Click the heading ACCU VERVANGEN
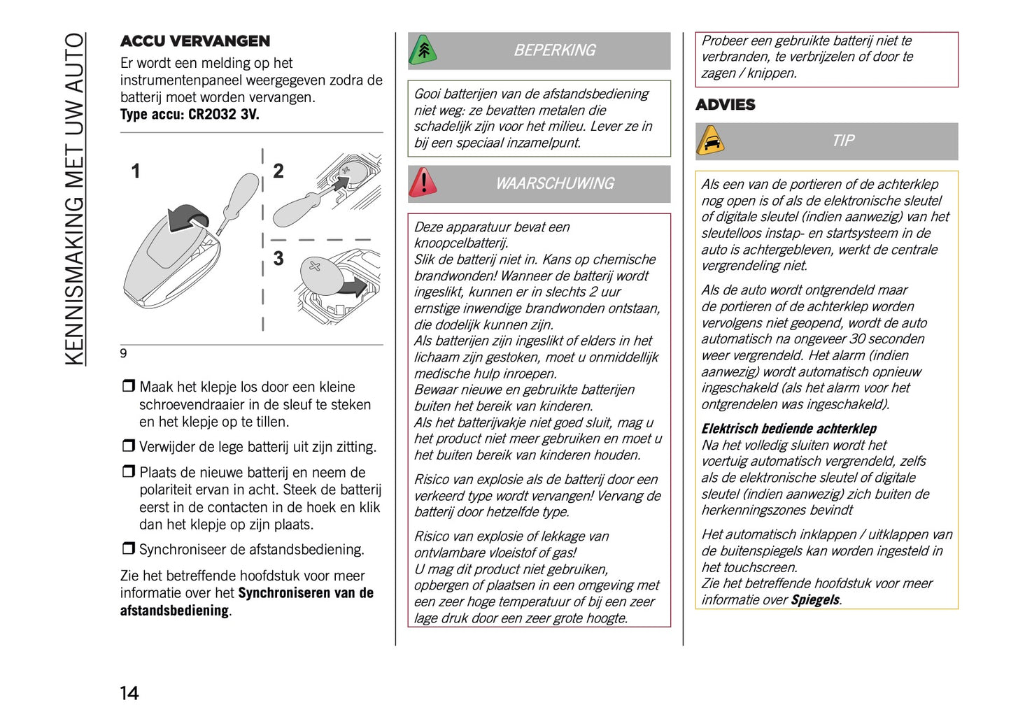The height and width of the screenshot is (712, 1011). [195, 41]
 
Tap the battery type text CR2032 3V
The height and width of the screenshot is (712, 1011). [223, 115]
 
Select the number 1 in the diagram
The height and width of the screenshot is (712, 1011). [136, 171]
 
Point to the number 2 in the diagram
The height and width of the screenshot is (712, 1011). [278, 171]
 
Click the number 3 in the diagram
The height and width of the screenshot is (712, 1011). [278, 259]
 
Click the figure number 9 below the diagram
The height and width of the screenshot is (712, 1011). [124, 353]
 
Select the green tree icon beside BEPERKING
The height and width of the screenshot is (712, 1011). [423, 50]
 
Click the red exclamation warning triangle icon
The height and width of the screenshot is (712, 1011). [423, 183]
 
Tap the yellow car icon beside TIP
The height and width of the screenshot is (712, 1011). [710, 141]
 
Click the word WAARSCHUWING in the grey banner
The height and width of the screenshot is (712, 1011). [554, 184]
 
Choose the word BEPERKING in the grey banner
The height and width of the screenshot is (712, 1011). [554, 50]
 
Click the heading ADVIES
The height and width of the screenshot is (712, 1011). [725, 105]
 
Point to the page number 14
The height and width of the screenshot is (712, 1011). [129, 693]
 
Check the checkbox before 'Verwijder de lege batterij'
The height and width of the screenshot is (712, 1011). [128, 446]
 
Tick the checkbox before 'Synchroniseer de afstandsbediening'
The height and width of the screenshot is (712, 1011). [128, 548]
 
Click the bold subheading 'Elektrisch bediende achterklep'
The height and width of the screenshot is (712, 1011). [789, 429]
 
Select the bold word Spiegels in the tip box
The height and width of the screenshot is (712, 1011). [815, 600]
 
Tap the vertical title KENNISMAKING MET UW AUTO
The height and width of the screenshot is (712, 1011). [75, 199]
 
